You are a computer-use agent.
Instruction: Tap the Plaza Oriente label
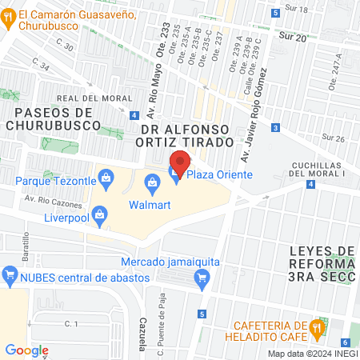click(210, 175)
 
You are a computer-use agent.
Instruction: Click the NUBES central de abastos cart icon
click(10, 277)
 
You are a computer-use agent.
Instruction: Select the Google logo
click(27, 350)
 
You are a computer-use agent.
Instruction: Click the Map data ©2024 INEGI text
click(312, 354)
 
